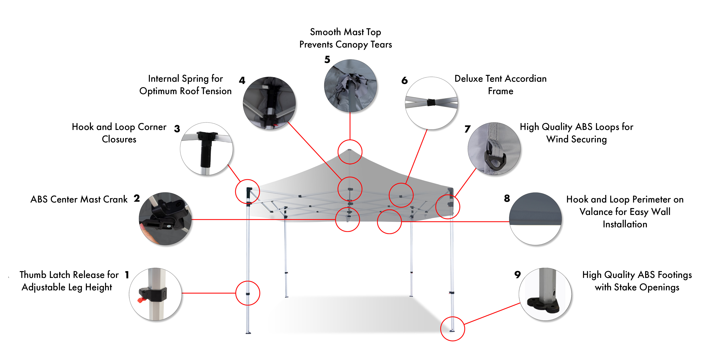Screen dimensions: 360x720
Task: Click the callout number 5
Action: pyautogui.click(x=327, y=60)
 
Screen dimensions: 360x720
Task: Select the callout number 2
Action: pyautogui.click(x=137, y=198)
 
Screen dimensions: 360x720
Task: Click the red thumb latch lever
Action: pyautogui.click(x=141, y=300)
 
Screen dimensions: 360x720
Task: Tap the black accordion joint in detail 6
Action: pyautogui.click(x=431, y=102)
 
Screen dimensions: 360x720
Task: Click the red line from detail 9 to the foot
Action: pyautogui.click(x=492, y=314)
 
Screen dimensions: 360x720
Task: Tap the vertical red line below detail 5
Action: pyautogui.click(x=350, y=126)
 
